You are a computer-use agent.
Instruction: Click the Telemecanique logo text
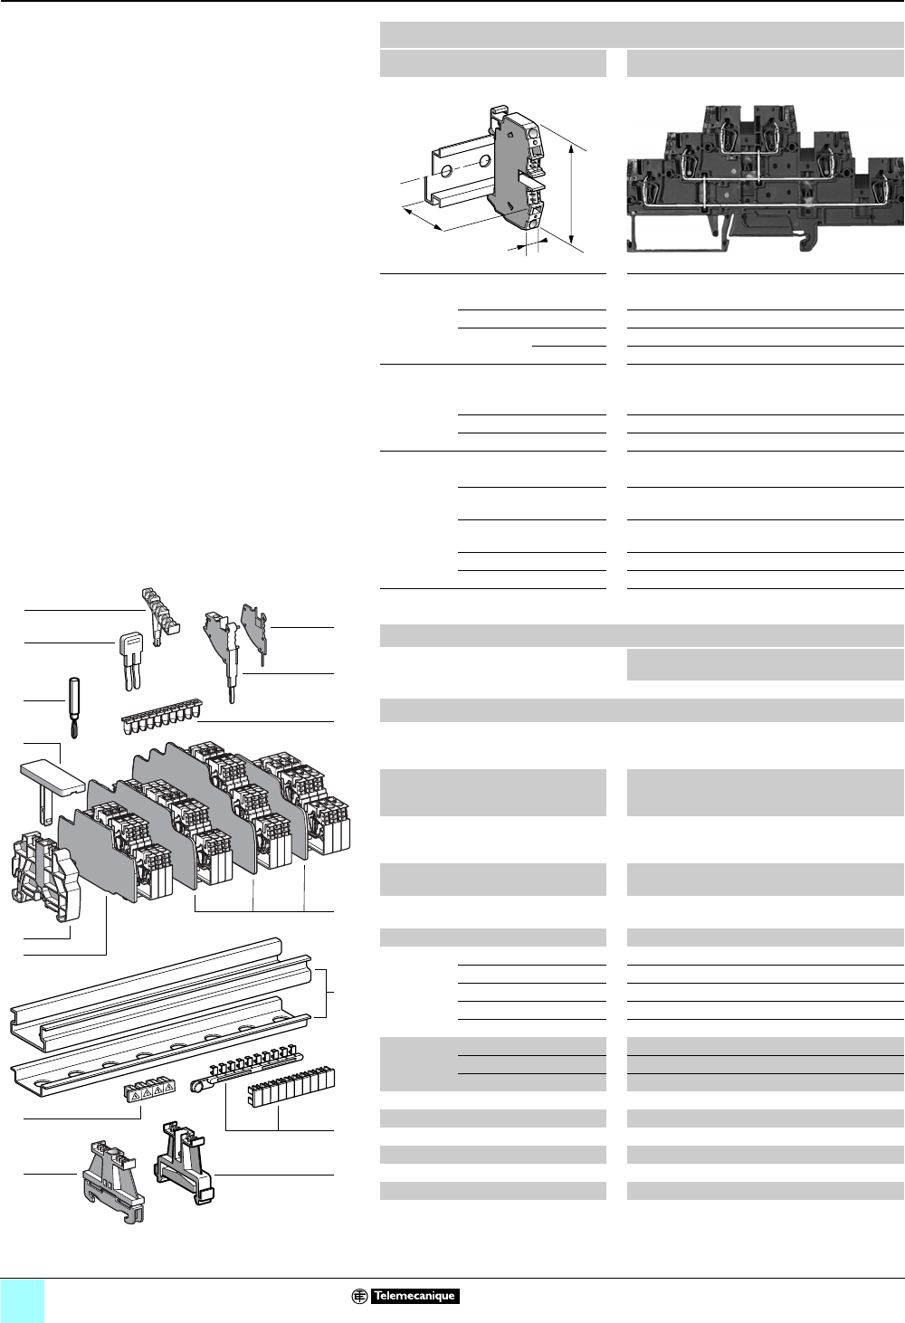coord(414,1296)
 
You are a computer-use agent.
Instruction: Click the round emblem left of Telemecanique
coord(359,1296)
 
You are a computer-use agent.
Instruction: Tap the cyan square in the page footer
coord(23,1300)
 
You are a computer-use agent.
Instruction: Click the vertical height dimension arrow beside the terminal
coord(573,186)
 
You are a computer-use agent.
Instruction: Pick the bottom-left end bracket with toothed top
coord(112,1174)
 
